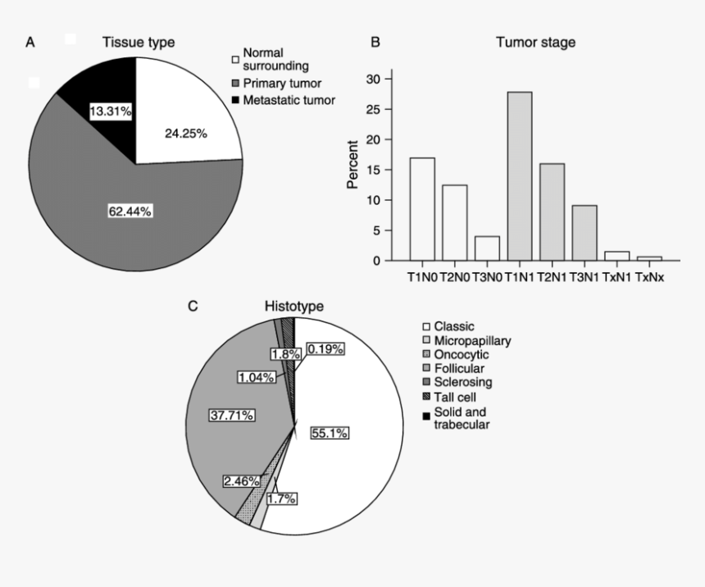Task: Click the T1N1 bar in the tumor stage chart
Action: [519, 176]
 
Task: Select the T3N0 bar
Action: [487, 248]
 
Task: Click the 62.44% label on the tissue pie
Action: [130, 212]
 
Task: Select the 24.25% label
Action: [186, 132]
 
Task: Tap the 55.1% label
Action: [329, 434]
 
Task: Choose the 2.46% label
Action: [242, 480]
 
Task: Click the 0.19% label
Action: [326, 349]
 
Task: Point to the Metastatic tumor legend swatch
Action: [236, 100]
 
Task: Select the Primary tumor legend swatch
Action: [236, 84]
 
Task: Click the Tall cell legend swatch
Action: [426, 397]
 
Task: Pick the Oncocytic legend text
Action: [461, 354]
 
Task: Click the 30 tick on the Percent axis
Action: [376, 79]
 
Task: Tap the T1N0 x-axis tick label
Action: [422, 277]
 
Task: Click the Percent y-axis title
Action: [352, 165]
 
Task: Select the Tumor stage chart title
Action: [535, 42]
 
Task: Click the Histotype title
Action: [293, 306]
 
